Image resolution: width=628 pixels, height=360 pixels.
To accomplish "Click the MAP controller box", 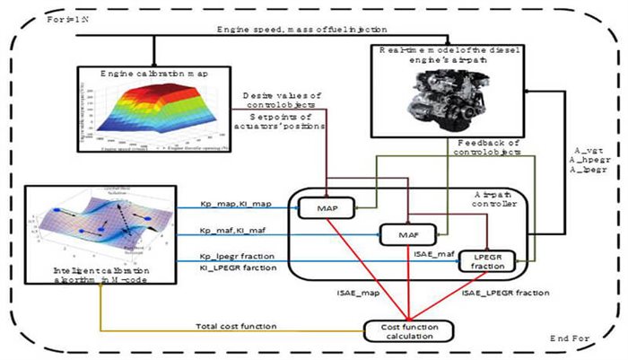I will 323,208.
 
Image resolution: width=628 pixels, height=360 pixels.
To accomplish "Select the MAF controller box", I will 403,235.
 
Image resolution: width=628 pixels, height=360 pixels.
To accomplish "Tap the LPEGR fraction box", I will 484,262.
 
